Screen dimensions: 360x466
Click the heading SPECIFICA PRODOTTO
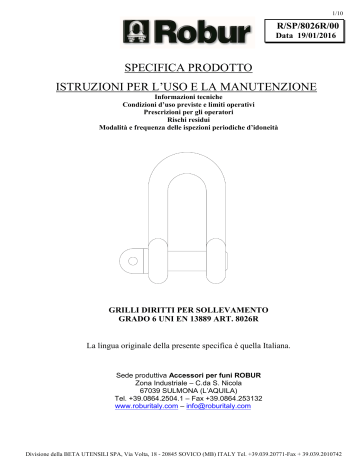coord(180,71)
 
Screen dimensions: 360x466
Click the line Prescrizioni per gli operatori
coord(180,113)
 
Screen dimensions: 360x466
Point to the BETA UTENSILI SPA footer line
coord(180,455)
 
